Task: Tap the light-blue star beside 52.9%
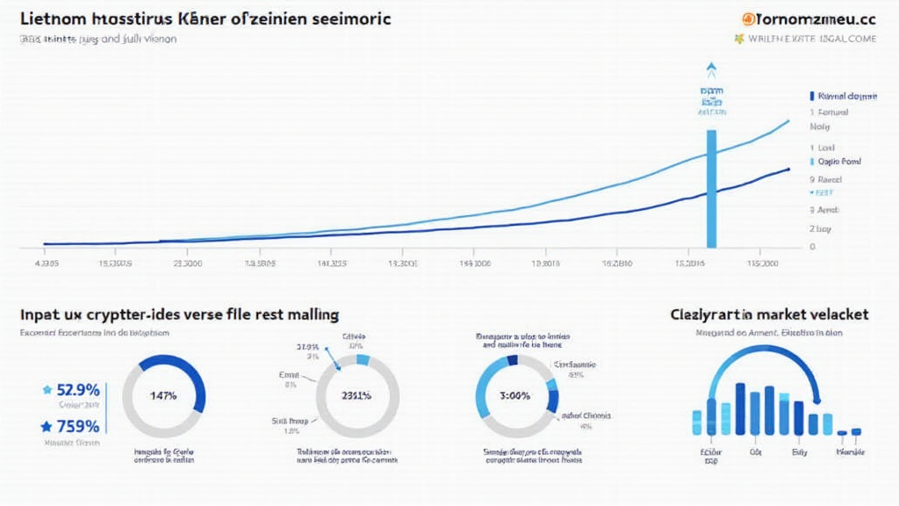tap(47, 389)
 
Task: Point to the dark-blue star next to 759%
tap(47, 427)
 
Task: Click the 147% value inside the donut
tap(163, 395)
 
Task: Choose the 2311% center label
tap(356, 395)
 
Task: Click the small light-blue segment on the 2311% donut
tap(363, 360)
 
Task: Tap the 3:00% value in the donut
tap(514, 395)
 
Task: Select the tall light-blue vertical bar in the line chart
tap(711, 189)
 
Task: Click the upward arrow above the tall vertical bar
tap(711, 69)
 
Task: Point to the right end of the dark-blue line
tap(787, 168)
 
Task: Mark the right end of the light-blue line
tap(787, 119)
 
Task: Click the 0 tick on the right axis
tap(812, 247)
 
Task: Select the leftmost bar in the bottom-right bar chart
tap(696, 422)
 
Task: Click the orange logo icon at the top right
tap(747, 18)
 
